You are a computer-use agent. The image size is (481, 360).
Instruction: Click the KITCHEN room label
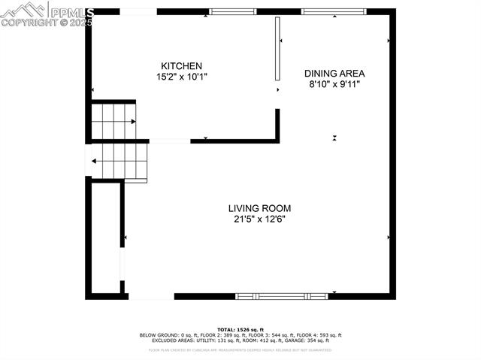coord(180,66)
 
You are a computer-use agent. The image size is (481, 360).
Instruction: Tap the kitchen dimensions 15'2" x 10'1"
coord(180,77)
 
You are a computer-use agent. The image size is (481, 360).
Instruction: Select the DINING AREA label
coord(334,74)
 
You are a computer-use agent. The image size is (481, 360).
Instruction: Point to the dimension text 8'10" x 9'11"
coord(334,84)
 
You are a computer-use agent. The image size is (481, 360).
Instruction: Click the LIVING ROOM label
coord(259,208)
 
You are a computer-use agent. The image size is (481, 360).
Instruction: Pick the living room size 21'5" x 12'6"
coord(259,219)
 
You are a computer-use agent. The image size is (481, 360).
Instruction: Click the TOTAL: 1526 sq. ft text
coord(240,330)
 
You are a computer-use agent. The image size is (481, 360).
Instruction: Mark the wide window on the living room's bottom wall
coord(282,296)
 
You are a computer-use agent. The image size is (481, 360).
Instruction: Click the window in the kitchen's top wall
coord(232,11)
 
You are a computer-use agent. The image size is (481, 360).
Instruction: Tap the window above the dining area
coord(323,11)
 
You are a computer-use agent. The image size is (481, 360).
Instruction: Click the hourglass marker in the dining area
coord(334,138)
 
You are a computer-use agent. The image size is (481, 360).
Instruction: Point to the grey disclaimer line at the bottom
coord(240,349)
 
